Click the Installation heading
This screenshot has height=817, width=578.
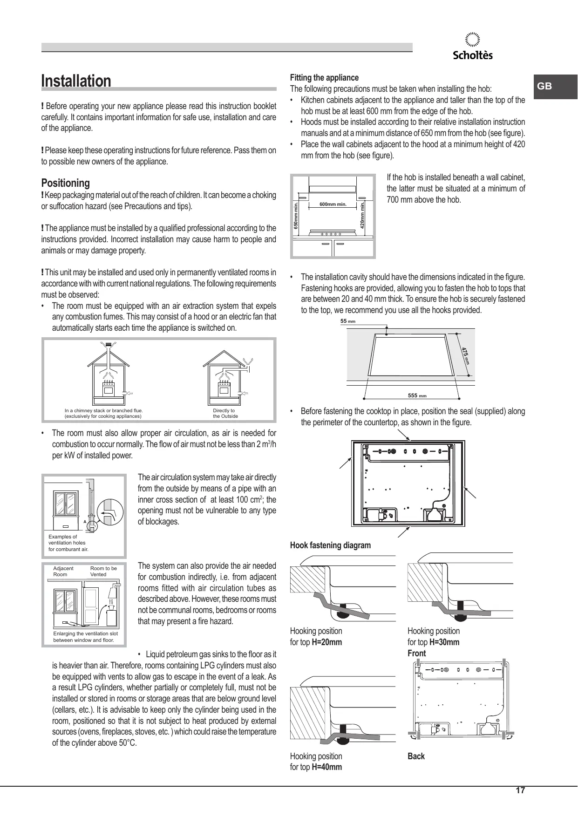(76, 81)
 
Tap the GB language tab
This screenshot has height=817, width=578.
(544, 86)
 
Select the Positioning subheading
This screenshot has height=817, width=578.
(65, 183)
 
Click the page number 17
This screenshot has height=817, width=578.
(520, 790)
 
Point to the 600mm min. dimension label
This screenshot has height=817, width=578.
(333, 204)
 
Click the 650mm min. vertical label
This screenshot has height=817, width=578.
(295, 216)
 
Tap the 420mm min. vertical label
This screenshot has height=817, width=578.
(362, 214)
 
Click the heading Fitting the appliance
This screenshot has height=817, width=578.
(324, 78)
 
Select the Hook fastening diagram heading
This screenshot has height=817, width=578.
(330, 545)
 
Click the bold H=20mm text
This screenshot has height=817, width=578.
(326, 642)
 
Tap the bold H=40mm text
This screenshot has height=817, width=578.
(326, 768)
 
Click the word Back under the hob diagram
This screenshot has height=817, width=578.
(416, 756)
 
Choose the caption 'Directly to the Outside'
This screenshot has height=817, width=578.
(225, 414)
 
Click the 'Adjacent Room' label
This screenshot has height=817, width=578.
(63, 572)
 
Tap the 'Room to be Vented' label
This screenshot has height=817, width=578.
(103, 572)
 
